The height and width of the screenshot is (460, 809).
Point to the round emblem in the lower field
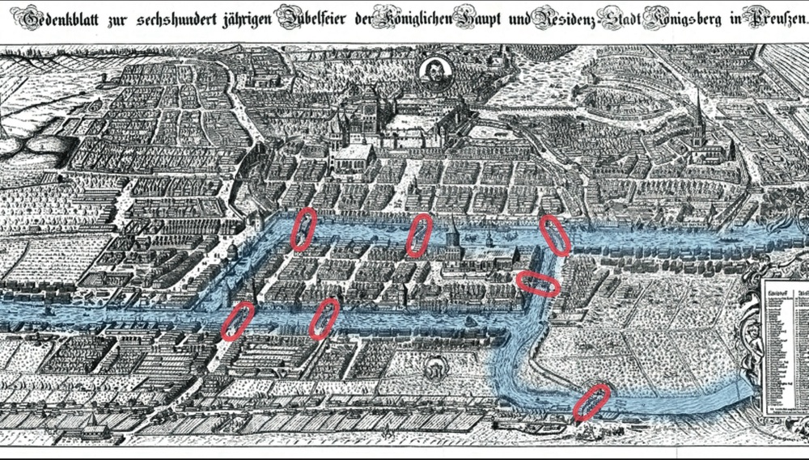coord(437,371)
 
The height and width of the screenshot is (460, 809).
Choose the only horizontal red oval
coord(537,283)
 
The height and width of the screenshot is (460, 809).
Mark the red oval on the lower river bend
coord(591,402)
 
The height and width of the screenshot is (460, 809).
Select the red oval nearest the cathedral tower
coord(419,234)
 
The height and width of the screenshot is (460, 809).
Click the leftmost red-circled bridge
coord(237,320)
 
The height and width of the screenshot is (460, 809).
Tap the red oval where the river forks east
coord(554,234)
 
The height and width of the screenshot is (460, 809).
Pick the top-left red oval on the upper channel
coord(303,229)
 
